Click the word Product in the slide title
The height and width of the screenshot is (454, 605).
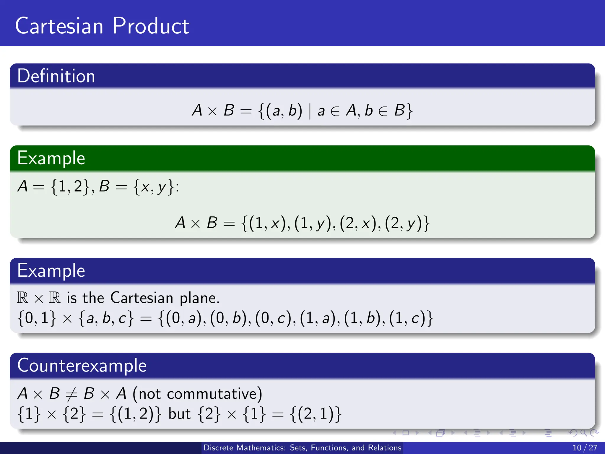[x=151, y=26]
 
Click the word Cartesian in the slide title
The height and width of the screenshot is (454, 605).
[x=59, y=26]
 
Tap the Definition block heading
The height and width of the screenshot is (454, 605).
[x=56, y=76]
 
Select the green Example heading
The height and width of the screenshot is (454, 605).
[x=51, y=158]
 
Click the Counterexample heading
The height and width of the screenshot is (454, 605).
[x=82, y=366]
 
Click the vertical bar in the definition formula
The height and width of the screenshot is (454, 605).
[x=310, y=111]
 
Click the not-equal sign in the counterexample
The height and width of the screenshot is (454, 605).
[x=71, y=394]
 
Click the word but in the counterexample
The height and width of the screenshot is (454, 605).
[x=179, y=414]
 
